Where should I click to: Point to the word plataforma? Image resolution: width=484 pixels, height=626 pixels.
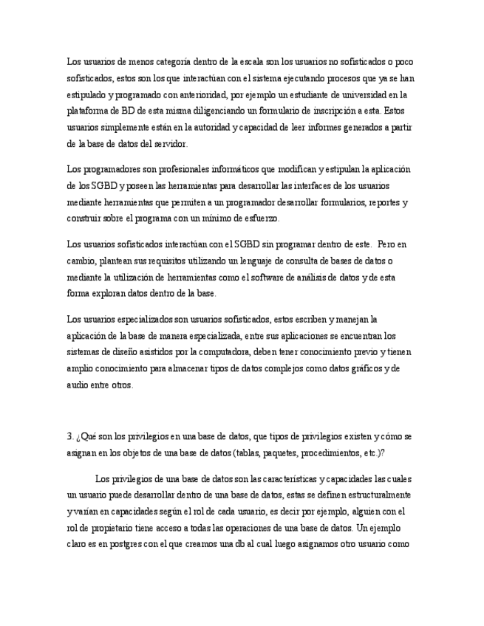tap(87, 111)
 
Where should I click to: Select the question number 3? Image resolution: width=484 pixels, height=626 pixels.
tap(69, 436)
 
